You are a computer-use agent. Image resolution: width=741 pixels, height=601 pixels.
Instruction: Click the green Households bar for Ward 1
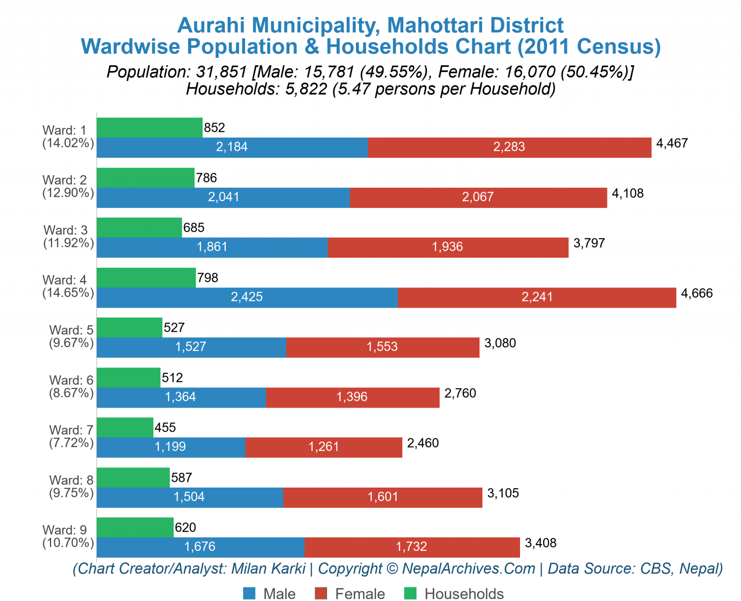click(150, 127)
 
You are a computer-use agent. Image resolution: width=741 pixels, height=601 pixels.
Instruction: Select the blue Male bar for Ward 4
click(247, 297)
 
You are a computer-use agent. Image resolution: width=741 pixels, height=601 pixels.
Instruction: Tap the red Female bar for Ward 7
click(324, 447)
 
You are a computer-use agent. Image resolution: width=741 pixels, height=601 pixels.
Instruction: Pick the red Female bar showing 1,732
click(412, 547)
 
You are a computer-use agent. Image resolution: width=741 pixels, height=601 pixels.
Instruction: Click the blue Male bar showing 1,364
click(181, 397)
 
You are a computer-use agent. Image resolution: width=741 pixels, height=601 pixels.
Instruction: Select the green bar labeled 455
click(125, 427)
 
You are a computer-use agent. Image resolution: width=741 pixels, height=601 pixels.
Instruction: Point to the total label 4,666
click(697, 293)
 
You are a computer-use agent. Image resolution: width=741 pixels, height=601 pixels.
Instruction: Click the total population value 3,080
click(500, 343)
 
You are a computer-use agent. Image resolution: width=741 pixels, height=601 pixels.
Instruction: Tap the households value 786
click(206, 178)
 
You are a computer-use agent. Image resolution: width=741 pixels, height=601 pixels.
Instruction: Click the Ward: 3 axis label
click(66, 230)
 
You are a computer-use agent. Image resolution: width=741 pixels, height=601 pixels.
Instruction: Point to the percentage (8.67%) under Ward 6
click(71, 393)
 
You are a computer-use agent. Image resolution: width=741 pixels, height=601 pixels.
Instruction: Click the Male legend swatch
click(249, 593)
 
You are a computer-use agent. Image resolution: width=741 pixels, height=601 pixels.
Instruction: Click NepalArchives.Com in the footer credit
click(468, 569)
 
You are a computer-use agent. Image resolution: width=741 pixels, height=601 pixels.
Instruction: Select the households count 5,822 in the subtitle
click(306, 89)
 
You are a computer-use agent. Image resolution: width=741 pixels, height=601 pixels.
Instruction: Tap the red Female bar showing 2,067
click(478, 197)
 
